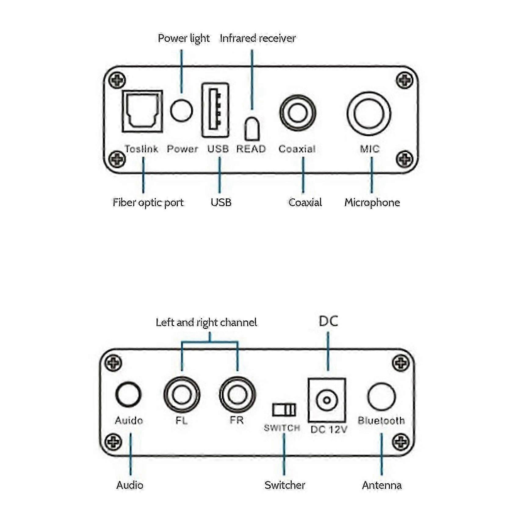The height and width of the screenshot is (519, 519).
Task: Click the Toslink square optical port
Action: tap(142, 111)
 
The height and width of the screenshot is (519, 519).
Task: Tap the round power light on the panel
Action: tap(181, 110)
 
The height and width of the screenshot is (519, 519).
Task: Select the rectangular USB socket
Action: tap(215, 110)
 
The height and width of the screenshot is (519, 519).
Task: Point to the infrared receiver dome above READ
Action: tap(252, 129)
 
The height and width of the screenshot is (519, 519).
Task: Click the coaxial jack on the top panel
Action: tap(298, 113)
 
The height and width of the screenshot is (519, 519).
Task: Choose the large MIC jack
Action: tap(369, 114)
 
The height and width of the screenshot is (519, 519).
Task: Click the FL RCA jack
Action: tap(182, 394)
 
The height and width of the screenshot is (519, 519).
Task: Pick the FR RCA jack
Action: tap(238, 394)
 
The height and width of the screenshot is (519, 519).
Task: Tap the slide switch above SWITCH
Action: tap(284, 410)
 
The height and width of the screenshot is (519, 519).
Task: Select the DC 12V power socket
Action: tap(327, 400)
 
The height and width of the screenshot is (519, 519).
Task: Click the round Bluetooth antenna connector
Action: tap(382, 397)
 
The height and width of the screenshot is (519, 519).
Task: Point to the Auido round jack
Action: tap(129, 394)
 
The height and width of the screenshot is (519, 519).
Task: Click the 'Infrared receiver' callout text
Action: tap(257, 38)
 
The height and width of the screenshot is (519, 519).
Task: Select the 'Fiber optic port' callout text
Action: tap(148, 202)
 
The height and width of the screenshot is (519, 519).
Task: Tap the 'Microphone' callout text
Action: tap(372, 202)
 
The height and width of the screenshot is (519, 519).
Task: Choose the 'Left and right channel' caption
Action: tap(206, 322)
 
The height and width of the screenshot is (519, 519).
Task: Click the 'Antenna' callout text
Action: tap(382, 485)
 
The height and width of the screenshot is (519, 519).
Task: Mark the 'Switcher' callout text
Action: tap(285, 485)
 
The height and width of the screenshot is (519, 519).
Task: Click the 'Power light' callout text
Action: tap(183, 38)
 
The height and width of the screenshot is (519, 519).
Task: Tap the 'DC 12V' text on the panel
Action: tap(329, 430)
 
